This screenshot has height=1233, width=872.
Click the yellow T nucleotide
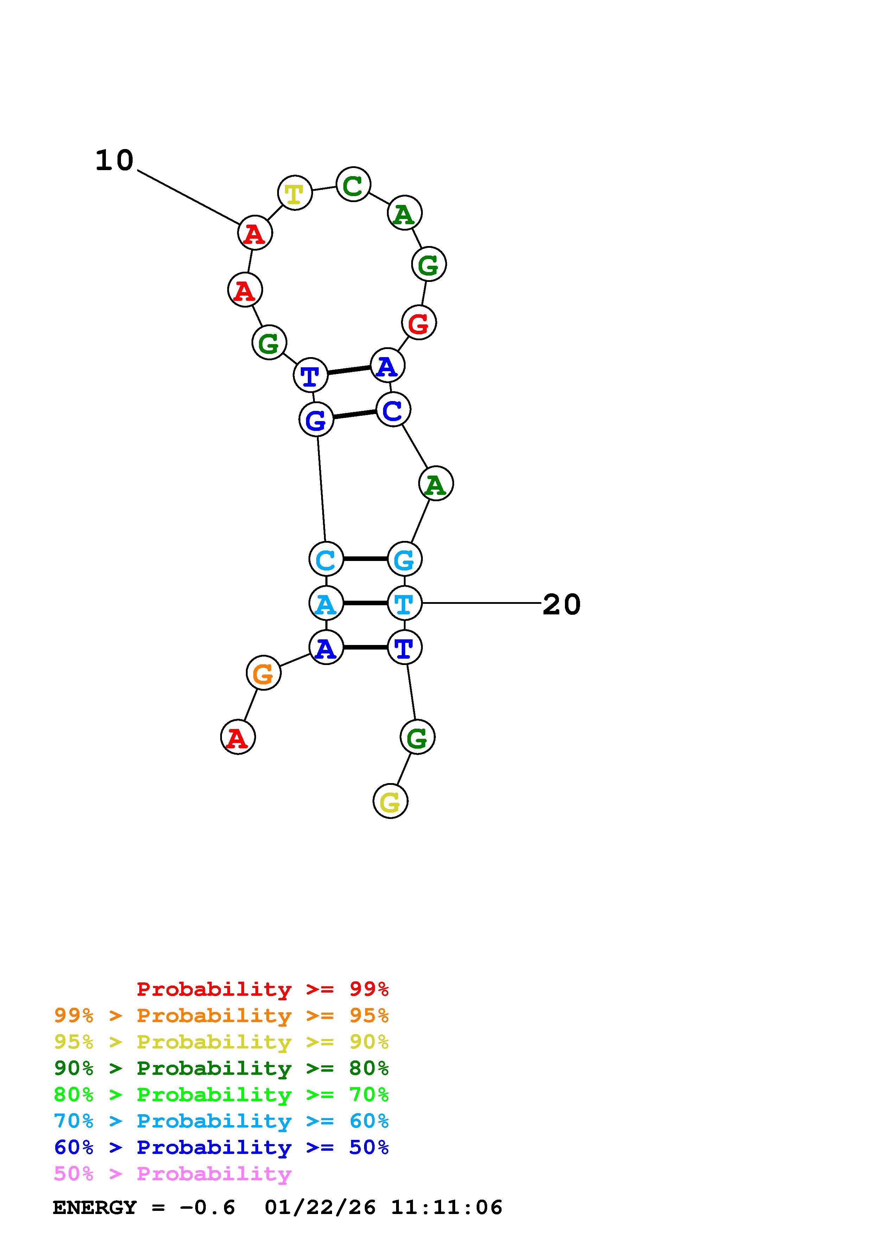(294, 193)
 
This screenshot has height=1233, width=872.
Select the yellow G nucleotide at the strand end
(390, 801)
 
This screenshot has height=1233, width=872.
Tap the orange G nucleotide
(263, 673)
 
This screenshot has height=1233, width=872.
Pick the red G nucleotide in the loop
(419, 323)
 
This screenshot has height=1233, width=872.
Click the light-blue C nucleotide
(326, 559)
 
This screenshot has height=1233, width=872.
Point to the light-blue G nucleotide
(404, 559)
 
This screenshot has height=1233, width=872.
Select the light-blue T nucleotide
(404, 603)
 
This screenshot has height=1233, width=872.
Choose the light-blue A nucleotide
(326, 603)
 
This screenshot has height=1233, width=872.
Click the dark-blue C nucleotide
(393, 410)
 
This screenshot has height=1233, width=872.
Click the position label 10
(114, 161)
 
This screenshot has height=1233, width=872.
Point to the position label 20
(561, 605)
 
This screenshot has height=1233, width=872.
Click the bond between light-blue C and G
(365, 559)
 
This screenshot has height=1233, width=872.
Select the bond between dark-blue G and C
(355, 415)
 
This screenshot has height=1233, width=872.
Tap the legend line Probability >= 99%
(263, 989)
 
